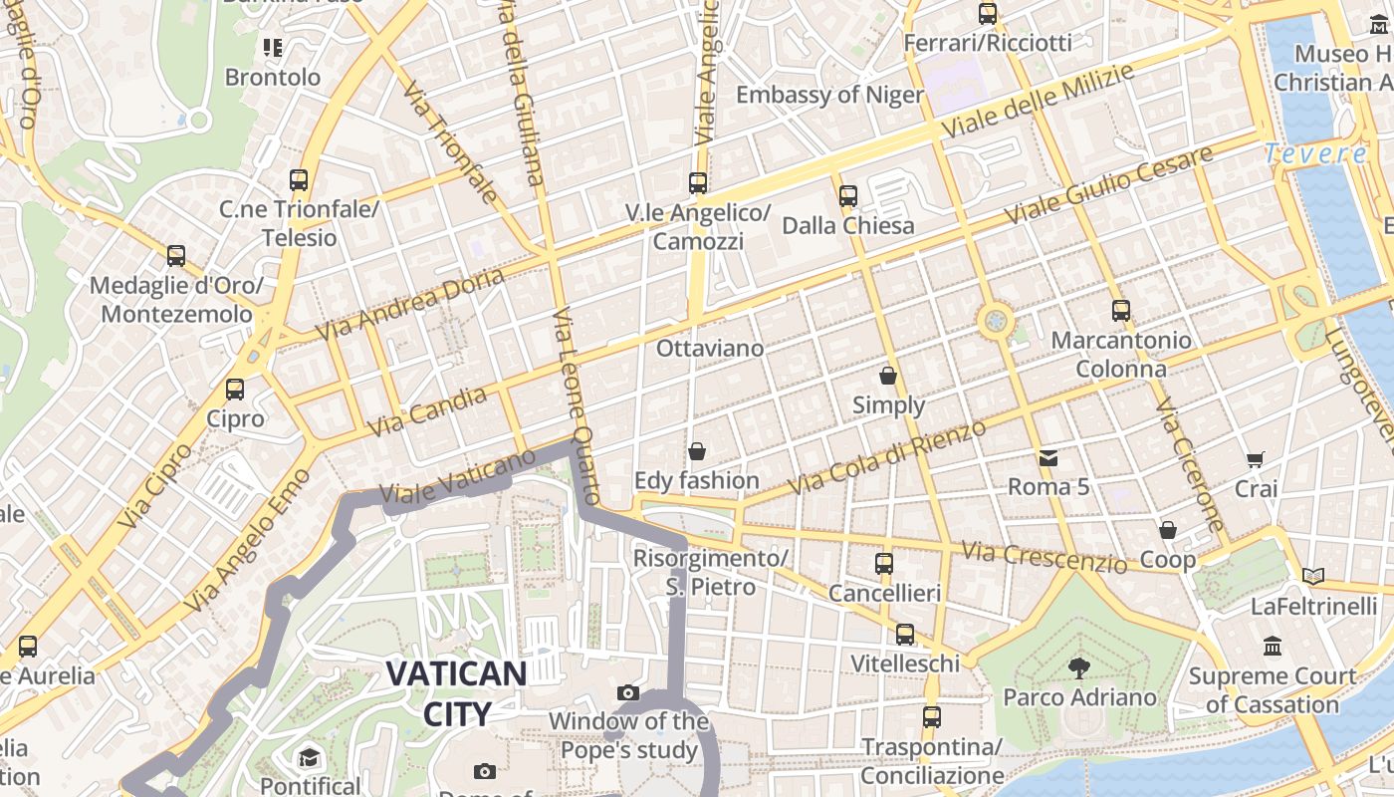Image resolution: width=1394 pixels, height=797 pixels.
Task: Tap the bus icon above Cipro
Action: click(235, 390)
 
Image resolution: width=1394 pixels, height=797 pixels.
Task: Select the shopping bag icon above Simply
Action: click(888, 376)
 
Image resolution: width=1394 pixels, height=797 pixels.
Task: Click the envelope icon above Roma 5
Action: click(1048, 458)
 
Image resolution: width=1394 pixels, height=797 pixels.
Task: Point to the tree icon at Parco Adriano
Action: click(1078, 667)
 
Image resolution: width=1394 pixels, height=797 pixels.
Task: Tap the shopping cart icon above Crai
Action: click(1256, 459)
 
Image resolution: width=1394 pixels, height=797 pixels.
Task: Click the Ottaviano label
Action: click(710, 349)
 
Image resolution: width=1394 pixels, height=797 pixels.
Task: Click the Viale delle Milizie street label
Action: click(1038, 103)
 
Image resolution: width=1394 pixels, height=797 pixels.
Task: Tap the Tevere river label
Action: click(1315, 153)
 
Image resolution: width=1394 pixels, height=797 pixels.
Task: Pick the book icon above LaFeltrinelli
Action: click(1313, 576)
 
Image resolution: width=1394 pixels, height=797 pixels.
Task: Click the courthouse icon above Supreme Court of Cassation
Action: click(1272, 647)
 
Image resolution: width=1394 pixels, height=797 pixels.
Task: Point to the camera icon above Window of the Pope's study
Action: click(628, 692)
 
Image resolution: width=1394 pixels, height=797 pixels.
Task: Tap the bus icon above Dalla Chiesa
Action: click(848, 196)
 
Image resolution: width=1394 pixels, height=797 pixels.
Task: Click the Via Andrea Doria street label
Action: click(410, 304)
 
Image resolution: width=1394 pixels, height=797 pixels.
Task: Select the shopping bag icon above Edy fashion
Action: click(697, 451)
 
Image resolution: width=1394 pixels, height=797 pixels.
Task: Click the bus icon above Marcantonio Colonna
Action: click(1121, 311)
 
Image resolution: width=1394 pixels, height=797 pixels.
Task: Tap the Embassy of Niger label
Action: click(829, 95)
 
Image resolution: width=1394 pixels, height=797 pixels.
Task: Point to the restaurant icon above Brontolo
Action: click(273, 47)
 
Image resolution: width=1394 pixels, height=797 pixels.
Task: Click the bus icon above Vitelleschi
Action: click(905, 635)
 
